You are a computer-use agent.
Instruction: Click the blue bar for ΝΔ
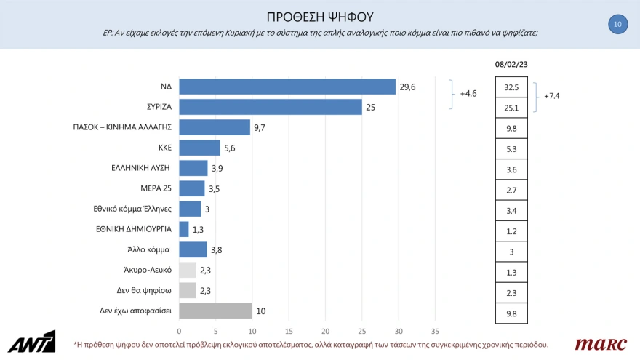coord(287,87)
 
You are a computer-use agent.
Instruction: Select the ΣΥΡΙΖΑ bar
coord(271,107)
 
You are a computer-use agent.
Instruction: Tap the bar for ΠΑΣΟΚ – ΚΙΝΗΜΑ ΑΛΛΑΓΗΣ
coord(215,127)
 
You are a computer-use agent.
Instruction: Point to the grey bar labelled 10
coord(215,311)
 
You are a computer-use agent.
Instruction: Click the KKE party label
coord(164,147)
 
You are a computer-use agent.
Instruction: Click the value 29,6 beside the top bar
coord(407,87)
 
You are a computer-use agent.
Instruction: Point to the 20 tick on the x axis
coord(326,331)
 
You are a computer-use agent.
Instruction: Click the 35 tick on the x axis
coord(436,331)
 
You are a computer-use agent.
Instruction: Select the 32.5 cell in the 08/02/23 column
coord(511,87)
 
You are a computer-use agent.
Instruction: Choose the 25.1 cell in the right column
coord(511,108)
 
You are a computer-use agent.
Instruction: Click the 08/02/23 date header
coord(511,64)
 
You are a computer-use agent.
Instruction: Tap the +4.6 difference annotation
coord(468,94)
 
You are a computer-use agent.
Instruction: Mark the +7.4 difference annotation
coord(553,96)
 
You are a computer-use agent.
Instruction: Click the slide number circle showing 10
coord(617,24)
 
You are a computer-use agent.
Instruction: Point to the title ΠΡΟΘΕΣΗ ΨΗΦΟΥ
coord(320,16)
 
